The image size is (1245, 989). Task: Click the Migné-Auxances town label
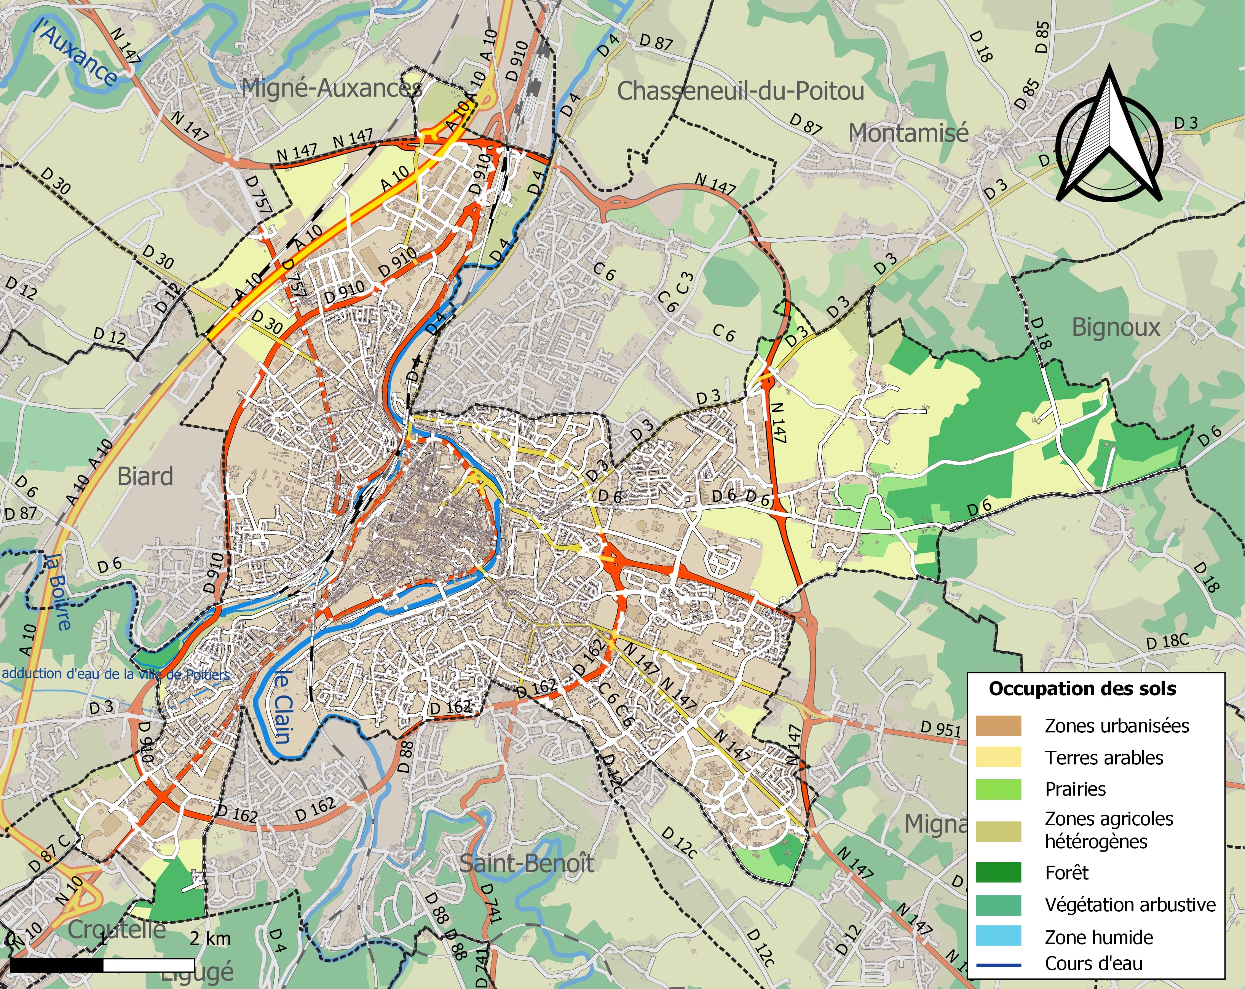[330, 88]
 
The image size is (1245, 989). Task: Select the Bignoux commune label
[1116, 327]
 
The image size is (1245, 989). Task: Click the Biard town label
[145, 476]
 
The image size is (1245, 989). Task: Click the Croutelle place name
[117, 929]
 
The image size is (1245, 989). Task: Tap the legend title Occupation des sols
[1082, 689]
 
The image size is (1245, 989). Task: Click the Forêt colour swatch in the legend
[998, 873]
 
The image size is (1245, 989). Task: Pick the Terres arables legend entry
[1103, 758]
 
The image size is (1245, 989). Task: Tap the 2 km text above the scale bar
[210, 939]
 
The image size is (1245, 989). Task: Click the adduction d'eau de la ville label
[115, 674]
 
